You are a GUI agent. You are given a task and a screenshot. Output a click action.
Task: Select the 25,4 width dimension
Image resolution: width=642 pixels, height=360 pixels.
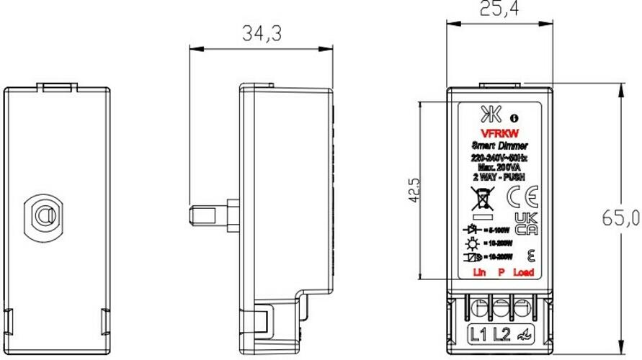[x=500, y=9]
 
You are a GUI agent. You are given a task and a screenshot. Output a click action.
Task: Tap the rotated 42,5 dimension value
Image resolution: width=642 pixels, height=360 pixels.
[x=414, y=191]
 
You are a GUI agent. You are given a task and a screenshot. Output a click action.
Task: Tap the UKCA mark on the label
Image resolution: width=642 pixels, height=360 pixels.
[x=527, y=223]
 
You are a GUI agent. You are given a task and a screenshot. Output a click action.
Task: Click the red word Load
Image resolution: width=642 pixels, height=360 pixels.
[x=524, y=274]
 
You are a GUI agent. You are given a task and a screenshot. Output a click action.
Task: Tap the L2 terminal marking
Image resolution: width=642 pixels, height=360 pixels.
[x=501, y=333]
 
